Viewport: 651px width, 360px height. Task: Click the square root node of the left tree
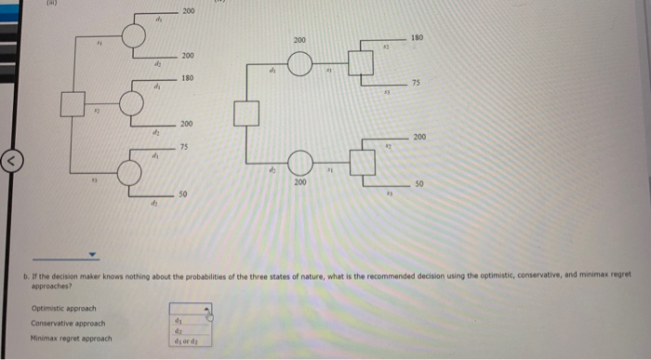tap(73, 102)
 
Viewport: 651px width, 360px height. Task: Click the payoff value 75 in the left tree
tap(186, 145)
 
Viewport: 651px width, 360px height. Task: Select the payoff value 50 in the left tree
tap(184, 193)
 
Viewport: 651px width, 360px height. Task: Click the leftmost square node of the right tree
tap(245, 115)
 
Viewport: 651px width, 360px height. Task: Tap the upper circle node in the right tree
tap(299, 64)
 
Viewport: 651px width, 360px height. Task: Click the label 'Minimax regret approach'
tap(69, 339)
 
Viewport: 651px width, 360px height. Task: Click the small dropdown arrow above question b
tap(93, 254)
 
